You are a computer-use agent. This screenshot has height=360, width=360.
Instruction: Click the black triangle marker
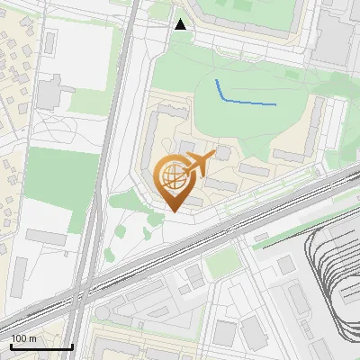click(181, 24)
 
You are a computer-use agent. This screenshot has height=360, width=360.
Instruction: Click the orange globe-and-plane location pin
click(175, 180)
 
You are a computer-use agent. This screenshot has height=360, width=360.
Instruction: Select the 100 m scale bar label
click(23, 339)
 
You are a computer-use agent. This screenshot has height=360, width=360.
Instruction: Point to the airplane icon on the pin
click(197, 165)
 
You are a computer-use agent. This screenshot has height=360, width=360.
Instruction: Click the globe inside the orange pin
click(173, 176)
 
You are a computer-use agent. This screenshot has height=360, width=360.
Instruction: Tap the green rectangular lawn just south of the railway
click(220, 262)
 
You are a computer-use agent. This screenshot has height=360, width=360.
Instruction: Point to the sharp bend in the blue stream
click(223, 100)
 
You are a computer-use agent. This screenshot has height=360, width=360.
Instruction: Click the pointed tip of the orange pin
click(174, 211)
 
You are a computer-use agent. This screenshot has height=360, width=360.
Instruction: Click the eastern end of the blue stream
click(275, 105)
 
